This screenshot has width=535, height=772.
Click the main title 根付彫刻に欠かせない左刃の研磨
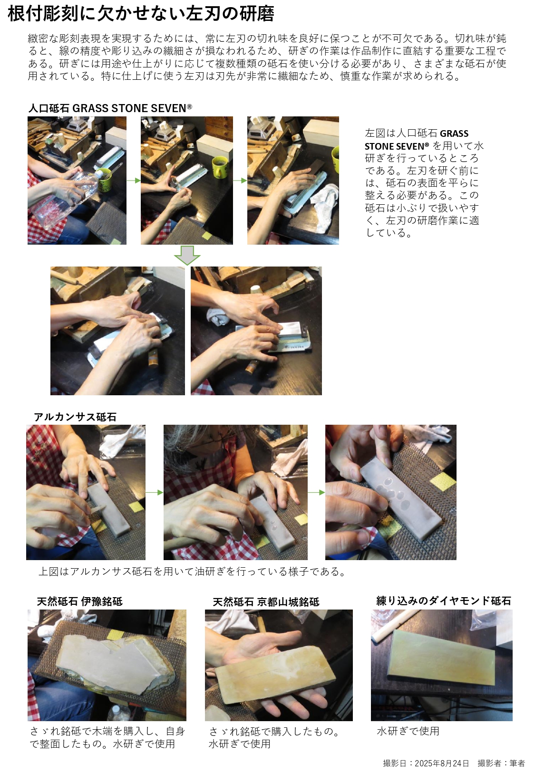[141, 14]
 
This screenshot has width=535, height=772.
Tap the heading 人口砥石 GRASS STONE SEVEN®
[110, 108]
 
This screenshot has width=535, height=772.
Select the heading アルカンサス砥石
[75, 417]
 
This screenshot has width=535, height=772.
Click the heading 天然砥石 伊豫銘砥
[80, 601]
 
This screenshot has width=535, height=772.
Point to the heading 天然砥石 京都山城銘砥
[266, 602]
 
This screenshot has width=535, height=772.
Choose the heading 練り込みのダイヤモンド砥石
[444, 600]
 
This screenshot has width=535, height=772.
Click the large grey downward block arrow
[187, 255]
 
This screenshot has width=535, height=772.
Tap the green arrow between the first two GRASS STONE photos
[134, 180]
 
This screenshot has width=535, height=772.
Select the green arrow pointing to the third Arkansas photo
[316, 493]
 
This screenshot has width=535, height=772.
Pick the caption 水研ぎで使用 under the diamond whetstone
[408, 731]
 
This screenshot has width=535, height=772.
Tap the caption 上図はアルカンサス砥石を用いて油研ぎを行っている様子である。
[193, 572]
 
